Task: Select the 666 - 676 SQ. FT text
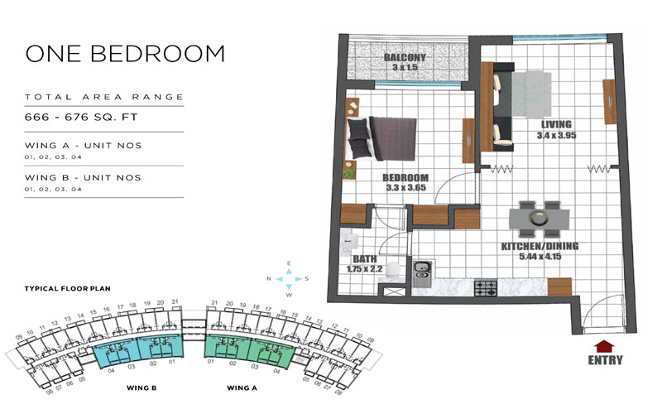click(75, 118)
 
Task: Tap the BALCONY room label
click(405, 57)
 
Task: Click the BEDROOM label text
click(405, 178)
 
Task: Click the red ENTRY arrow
click(605, 345)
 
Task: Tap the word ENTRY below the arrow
click(605, 360)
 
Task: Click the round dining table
click(540, 219)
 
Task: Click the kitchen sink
click(421, 270)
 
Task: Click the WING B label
click(142, 387)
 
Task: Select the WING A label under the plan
click(242, 387)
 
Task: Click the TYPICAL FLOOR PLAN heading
click(68, 288)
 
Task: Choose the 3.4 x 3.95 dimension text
click(554, 135)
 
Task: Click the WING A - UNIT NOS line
click(83, 145)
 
